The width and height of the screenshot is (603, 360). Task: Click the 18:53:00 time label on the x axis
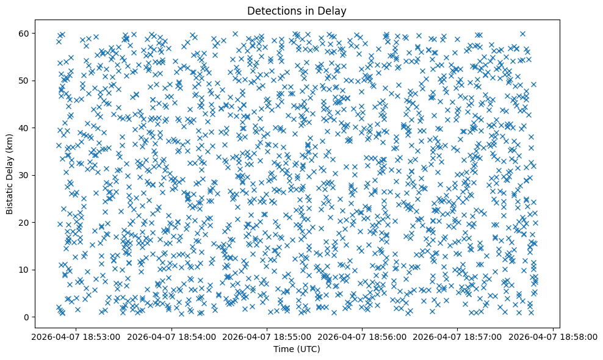click(x=76, y=336)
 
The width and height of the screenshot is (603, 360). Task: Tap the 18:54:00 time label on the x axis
click(x=172, y=336)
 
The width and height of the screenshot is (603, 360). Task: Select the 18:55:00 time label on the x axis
click(x=267, y=336)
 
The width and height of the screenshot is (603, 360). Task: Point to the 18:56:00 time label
click(x=363, y=336)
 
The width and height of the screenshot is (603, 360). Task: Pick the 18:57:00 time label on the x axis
click(x=458, y=336)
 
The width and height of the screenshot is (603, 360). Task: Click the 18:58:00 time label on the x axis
click(x=554, y=336)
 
